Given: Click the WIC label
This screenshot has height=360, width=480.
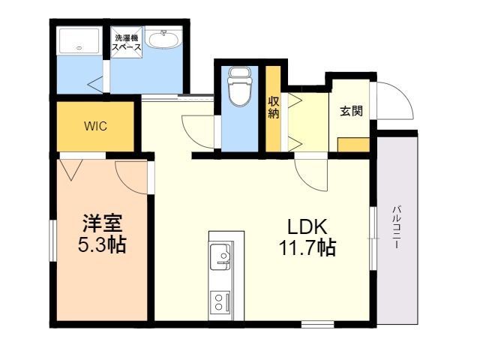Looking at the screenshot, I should tap(96, 126).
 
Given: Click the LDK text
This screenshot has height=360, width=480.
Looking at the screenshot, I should tap(307, 226).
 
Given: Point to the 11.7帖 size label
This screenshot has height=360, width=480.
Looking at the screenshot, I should tap(307, 247).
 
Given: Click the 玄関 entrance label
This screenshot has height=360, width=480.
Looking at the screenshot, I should tap(351, 112).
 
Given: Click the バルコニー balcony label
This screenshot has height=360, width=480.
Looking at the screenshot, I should tap(395, 226).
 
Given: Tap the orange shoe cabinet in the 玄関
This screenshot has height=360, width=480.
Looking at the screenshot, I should tap(353, 145).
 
